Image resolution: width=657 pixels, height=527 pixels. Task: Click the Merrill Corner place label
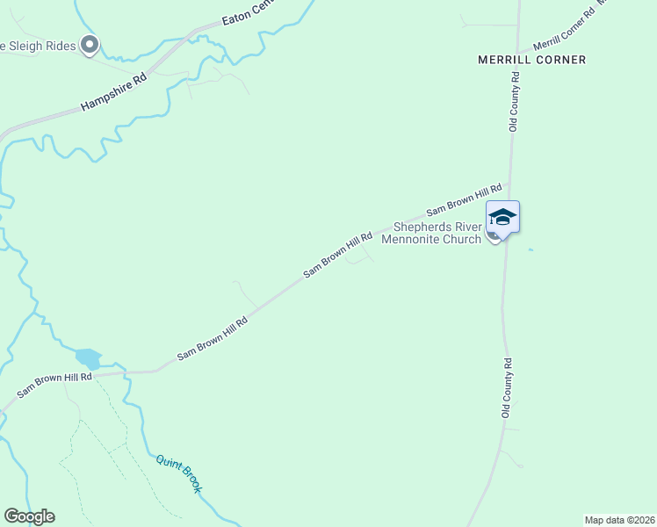531,60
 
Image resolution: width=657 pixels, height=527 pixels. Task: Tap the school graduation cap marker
502,217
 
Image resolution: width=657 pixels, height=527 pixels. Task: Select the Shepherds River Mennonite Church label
437,232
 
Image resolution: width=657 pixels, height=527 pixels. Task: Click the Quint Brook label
178,473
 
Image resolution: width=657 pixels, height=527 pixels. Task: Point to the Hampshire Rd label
113,91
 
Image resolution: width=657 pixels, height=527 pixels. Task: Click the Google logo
29,516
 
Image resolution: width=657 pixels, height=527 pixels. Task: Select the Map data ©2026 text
619,520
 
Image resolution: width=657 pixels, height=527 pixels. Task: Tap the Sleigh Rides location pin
89,44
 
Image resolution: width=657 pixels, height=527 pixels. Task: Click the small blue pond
88,357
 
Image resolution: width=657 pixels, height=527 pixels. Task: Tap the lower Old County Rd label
506,387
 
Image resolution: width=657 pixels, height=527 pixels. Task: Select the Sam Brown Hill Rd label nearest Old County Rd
464,199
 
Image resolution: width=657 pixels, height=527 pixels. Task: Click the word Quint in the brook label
167,463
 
